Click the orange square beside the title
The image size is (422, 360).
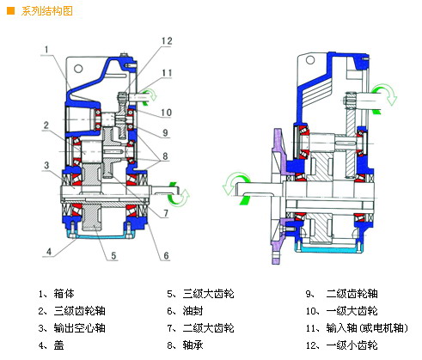coord(10,11)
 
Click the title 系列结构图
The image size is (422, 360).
coord(46,11)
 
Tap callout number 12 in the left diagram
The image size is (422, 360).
coord(167,41)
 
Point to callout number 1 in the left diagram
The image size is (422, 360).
coord(46,50)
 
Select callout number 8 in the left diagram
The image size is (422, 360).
coord(165,156)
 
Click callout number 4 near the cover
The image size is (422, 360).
coord(49,252)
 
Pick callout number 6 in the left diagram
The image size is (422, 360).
coord(166,255)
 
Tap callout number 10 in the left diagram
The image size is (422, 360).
coord(166,113)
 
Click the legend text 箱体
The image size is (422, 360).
coord(64,294)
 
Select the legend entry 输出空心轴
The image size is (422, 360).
coord(79,328)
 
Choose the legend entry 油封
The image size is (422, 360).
coord(193,311)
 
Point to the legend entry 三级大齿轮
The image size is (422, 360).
coord(208,294)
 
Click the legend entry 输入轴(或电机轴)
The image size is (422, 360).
coord(367,328)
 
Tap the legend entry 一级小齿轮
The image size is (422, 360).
coord(352,345)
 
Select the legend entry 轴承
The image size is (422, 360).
coord(193,345)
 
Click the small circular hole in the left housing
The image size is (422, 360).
coord(78,69)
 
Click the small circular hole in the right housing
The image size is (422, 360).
coord(310,60)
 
